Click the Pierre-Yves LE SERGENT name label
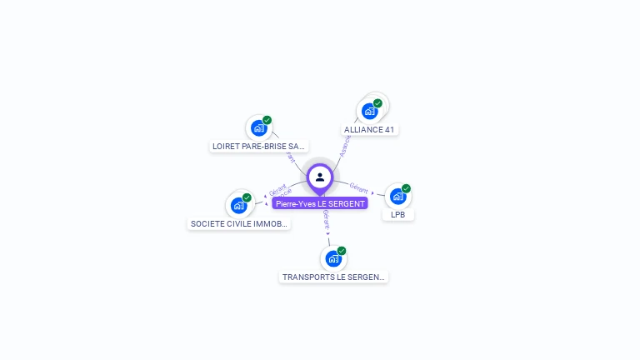[x=320, y=203]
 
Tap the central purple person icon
[x=320, y=177]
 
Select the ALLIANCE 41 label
[x=369, y=130]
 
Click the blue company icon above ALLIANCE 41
[x=369, y=111]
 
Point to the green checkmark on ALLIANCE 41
[x=377, y=103]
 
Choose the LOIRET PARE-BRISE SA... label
[x=258, y=146]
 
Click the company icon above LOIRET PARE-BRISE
[x=259, y=128]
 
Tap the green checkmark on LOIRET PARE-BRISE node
[x=267, y=120]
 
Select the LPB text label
[x=398, y=215]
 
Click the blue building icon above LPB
[x=397, y=197]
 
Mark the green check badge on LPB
[x=406, y=188]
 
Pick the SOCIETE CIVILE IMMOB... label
[x=239, y=223]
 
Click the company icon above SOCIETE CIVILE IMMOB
[x=239, y=205]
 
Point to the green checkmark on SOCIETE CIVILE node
[x=247, y=197]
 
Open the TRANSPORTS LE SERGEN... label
[x=333, y=277]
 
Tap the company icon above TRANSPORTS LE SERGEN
[x=333, y=258]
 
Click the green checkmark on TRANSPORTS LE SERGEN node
[x=342, y=251]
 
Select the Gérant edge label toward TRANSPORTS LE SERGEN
[x=326, y=219]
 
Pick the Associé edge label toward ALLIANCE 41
[x=345, y=147]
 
